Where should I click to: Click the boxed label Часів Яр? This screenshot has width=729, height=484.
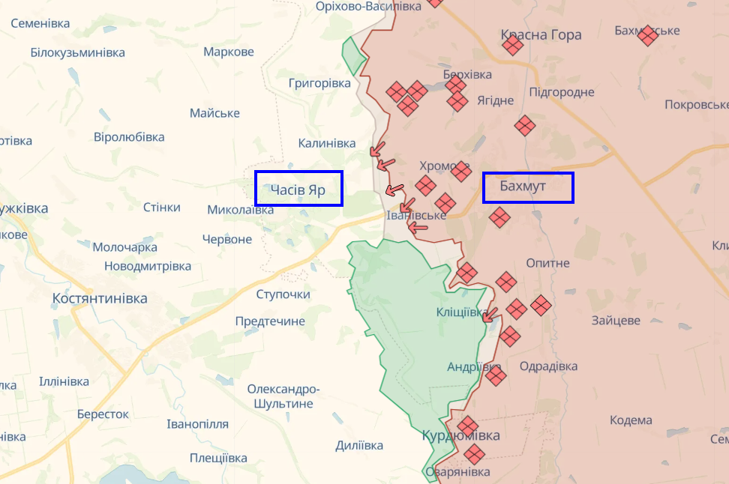(x=298, y=189)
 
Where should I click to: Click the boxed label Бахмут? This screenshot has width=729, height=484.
(x=527, y=187)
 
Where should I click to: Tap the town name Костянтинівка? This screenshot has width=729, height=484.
(x=100, y=298)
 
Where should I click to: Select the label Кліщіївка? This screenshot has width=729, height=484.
(x=462, y=312)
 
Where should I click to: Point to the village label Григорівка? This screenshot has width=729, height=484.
(x=319, y=83)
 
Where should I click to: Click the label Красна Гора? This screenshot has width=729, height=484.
(x=541, y=34)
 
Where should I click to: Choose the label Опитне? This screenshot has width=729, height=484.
(x=547, y=263)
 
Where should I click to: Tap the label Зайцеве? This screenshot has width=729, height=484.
(x=615, y=320)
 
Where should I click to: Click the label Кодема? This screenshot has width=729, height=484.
(x=631, y=420)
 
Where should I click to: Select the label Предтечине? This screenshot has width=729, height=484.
(x=270, y=321)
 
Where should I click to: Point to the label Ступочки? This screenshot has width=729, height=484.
(x=283, y=294)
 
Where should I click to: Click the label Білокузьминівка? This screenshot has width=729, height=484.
(x=77, y=52)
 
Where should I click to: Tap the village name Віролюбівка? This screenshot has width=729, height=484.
(x=129, y=137)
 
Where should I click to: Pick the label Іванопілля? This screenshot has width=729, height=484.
(x=197, y=423)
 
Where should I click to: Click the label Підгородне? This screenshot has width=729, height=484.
(x=561, y=92)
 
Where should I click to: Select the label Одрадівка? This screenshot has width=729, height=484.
(x=548, y=366)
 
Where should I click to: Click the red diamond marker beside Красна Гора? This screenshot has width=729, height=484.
(x=513, y=46)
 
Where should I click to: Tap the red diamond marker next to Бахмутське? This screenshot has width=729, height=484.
(x=647, y=35)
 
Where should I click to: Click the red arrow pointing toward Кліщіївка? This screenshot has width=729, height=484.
(x=490, y=315)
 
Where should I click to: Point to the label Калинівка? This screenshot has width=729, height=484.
(x=327, y=142)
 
